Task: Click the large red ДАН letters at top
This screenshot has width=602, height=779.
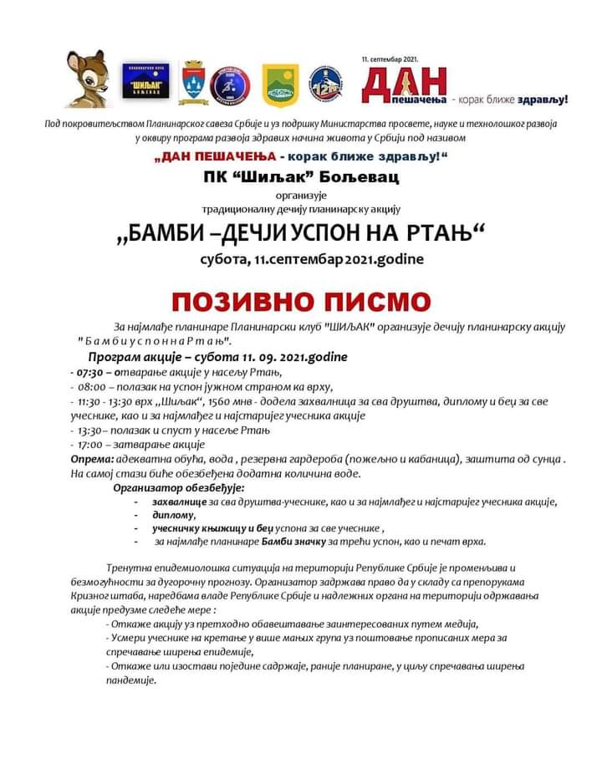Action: pos(406,84)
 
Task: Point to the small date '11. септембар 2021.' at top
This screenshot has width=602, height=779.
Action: pos(390,60)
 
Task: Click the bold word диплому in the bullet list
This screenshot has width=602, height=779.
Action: pos(173,515)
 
